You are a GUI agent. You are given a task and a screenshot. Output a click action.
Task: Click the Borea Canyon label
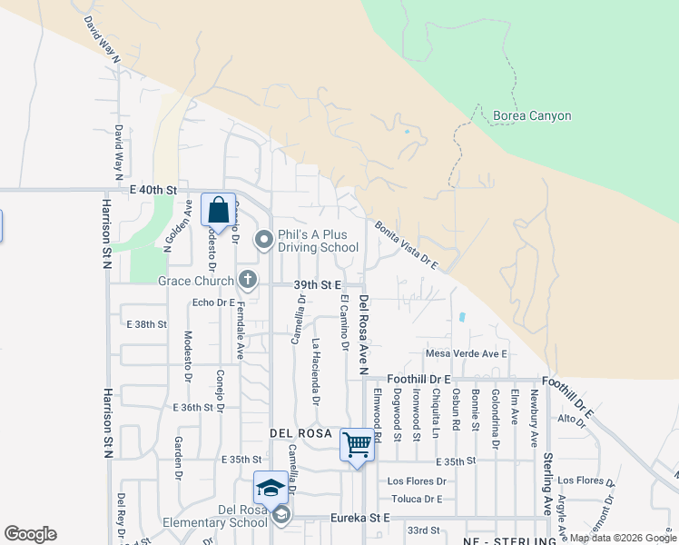coord(532,116)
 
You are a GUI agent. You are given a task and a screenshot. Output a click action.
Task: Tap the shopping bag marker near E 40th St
coord(219,211)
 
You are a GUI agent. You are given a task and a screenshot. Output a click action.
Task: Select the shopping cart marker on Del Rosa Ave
coord(358,445)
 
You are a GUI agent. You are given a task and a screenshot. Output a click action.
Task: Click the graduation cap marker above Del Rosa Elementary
coord(271,489)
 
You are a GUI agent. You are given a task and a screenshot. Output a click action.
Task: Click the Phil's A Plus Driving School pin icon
coord(264,240)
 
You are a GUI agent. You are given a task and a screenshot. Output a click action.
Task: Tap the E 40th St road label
coord(152,189)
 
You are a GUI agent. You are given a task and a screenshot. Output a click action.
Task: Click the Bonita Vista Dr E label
coord(407,245)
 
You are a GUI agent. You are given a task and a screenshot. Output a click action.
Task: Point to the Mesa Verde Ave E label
coord(466,353)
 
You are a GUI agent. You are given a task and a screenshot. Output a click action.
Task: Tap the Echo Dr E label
coord(213,302)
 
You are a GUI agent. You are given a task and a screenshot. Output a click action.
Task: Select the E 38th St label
coord(147,324)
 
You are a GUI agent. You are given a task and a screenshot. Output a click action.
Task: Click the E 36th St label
coord(192,408)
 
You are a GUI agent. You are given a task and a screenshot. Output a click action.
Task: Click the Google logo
coord(30,534)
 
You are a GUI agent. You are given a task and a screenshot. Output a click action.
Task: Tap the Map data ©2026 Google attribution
coord(622,538)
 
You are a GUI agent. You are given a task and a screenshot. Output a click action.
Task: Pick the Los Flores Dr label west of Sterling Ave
coord(417,481)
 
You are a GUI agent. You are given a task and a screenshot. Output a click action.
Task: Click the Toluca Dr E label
coord(417,499)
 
